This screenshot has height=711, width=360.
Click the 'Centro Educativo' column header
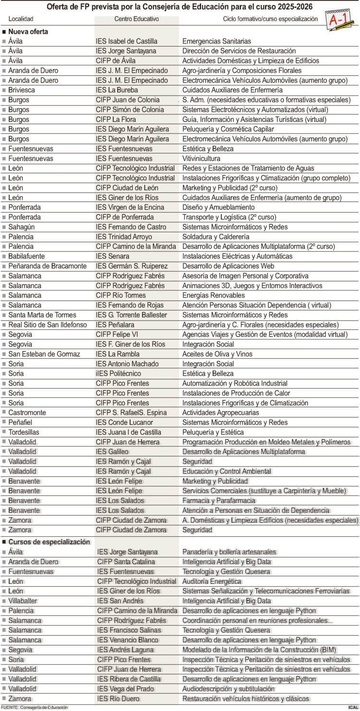136,19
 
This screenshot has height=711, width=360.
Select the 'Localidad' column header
21,19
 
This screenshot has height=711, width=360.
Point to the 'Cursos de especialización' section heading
49,542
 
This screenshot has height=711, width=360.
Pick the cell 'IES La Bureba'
117,90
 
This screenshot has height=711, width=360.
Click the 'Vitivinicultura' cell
201,158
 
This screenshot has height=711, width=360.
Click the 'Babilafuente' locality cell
27,256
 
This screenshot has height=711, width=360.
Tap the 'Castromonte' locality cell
27,413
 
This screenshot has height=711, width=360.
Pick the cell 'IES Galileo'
112,452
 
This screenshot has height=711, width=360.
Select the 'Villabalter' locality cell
23,601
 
